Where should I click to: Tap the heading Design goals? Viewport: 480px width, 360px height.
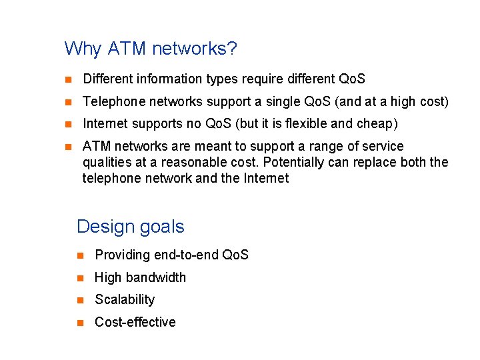131,227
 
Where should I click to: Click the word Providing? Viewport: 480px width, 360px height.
123,255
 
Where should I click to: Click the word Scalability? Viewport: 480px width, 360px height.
125,300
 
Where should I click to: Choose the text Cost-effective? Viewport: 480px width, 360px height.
135,322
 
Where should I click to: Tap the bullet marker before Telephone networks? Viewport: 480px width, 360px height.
67,103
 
